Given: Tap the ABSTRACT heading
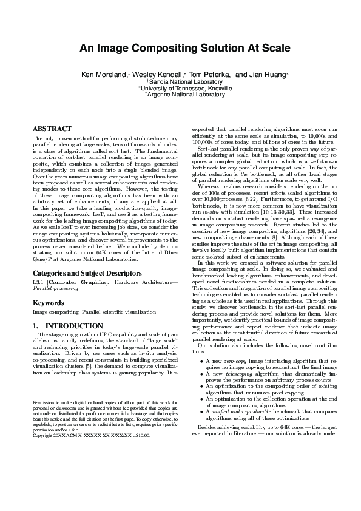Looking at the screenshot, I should (52, 129).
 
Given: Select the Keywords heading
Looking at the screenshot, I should (48, 302).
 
